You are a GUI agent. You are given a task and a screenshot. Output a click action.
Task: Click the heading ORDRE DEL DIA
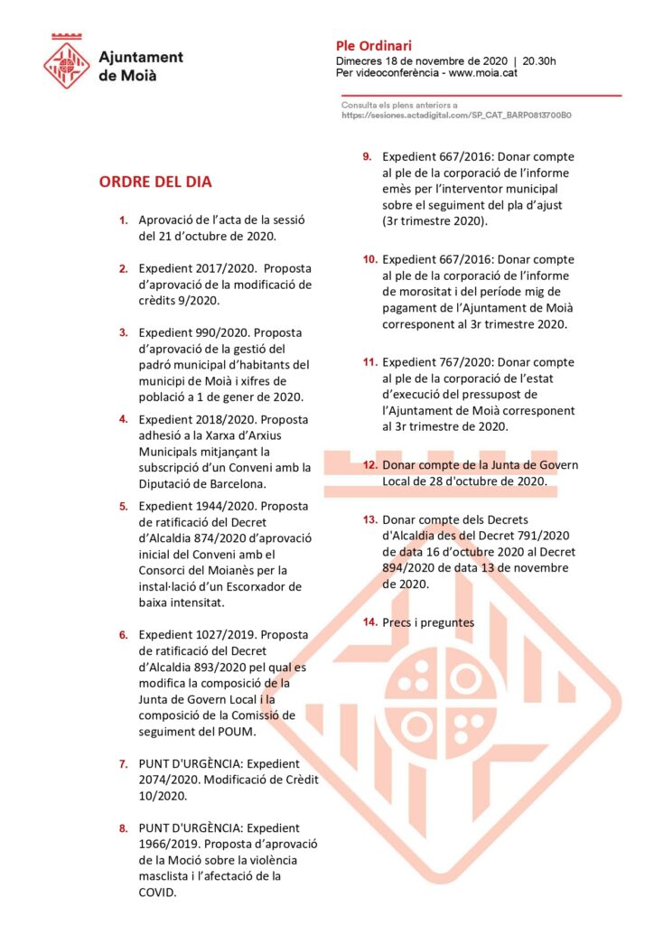click(x=155, y=182)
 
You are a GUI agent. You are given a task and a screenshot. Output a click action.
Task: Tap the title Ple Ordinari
click(x=373, y=45)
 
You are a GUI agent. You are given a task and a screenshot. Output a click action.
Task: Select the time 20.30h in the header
click(x=539, y=61)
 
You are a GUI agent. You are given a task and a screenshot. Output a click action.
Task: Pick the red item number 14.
click(x=369, y=622)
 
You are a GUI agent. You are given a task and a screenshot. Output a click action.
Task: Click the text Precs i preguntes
click(x=428, y=622)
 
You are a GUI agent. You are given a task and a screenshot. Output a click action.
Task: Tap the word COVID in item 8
click(x=158, y=892)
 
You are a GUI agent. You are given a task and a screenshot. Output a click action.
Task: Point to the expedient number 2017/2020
click(x=213, y=268)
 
